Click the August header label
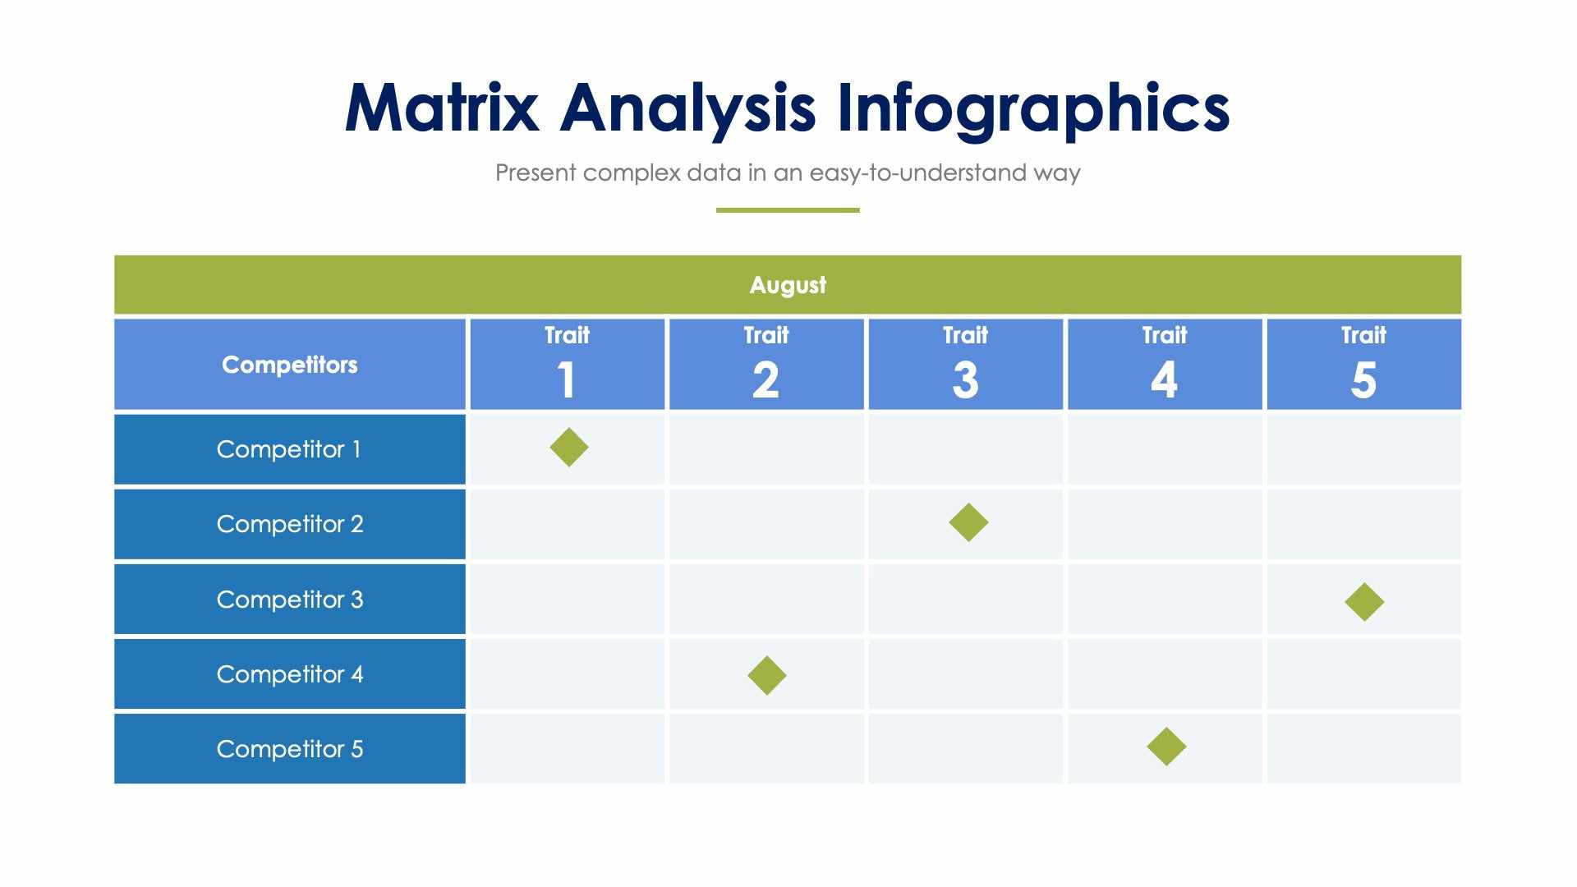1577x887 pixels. pyautogui.click(x=788, y=285)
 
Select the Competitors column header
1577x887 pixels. pyautogui.click(x=289, y=365)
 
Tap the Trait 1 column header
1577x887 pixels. pyautogui.click(x=567, y=364)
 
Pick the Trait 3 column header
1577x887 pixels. pyautogui.click(x=965, y=364)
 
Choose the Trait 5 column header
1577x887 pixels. pyautogui.click(x=1363, y=364)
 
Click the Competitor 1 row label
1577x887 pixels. pyautogui.click(x=289, y=449)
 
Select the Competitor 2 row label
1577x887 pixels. pyautogui.click(x=289, y=524)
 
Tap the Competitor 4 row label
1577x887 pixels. pyautogui.click(x=289, y=674)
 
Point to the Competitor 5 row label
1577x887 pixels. pyautogui.click(x=289, y=749)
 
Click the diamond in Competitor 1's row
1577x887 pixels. pyautogui.click(x=569, y=448)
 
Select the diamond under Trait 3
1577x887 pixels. pyautogui.click(x=968, y=522)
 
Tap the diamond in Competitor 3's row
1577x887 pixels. pyautogui.click(x=1364, y=602)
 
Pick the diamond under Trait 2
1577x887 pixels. pyautogui.click(x=767, y=675)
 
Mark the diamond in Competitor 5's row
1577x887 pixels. pyautogui.click(x=1166, y=747)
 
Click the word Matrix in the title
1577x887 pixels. pyautogui.click(x=442, y=108)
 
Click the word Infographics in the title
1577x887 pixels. pyautogui.click(x=1032, y=108)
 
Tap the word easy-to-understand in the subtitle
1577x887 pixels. pyautogui.click(x=907, y=173)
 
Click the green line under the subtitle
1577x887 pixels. pyautogui.click(x=788, y=210)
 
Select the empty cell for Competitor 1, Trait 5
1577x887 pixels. pyautogui.click(x=1363, y=449)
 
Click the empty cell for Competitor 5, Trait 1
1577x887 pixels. pyautogui.click(x=567, y=749)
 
